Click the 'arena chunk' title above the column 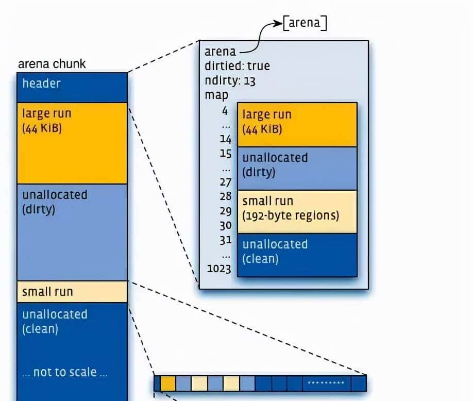point(52,64)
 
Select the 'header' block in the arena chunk point(72,87)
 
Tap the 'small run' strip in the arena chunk point(72,292)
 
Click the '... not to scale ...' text point(65,373)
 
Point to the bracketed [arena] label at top point(305,23)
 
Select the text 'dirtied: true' point(237,66)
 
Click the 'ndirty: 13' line point(230,81)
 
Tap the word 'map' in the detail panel point(216,96)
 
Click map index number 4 point(225,110)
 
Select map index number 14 point(225,139)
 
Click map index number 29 point(225,211)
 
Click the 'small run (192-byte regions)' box point(297,211)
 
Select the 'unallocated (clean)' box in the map point(297,255)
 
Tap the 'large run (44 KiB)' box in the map point(297,124)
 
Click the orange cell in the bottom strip point(168,383)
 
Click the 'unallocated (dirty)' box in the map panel point(297,168)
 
